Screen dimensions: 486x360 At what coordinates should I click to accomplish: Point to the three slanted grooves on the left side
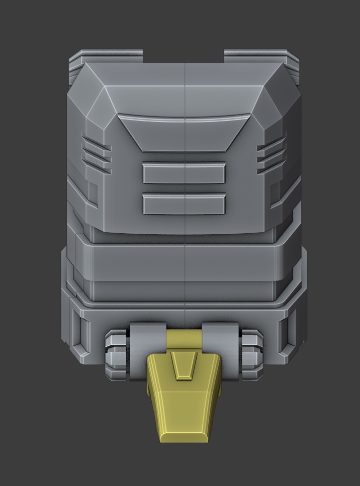coord(97,153)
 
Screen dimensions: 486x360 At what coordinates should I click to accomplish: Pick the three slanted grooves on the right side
coord(272,153)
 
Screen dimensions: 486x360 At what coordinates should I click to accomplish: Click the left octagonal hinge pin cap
coord(116,354)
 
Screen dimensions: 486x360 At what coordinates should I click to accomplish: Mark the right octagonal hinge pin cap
coord(251,354)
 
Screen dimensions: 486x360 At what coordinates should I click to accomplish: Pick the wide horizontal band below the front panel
coord(184,262)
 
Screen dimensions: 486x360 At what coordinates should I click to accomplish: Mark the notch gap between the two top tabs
coord(183,56)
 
